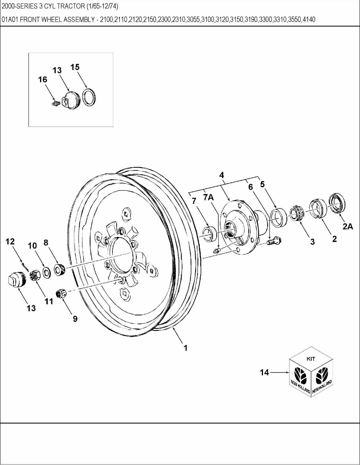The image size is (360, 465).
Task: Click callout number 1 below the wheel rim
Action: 186,348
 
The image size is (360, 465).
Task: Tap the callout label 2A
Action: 348,227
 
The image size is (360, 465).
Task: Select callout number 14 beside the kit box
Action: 265,372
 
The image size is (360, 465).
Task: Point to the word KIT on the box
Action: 311,359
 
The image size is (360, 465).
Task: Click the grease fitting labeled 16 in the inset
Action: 54,103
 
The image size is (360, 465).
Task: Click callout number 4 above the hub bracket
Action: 222,175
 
